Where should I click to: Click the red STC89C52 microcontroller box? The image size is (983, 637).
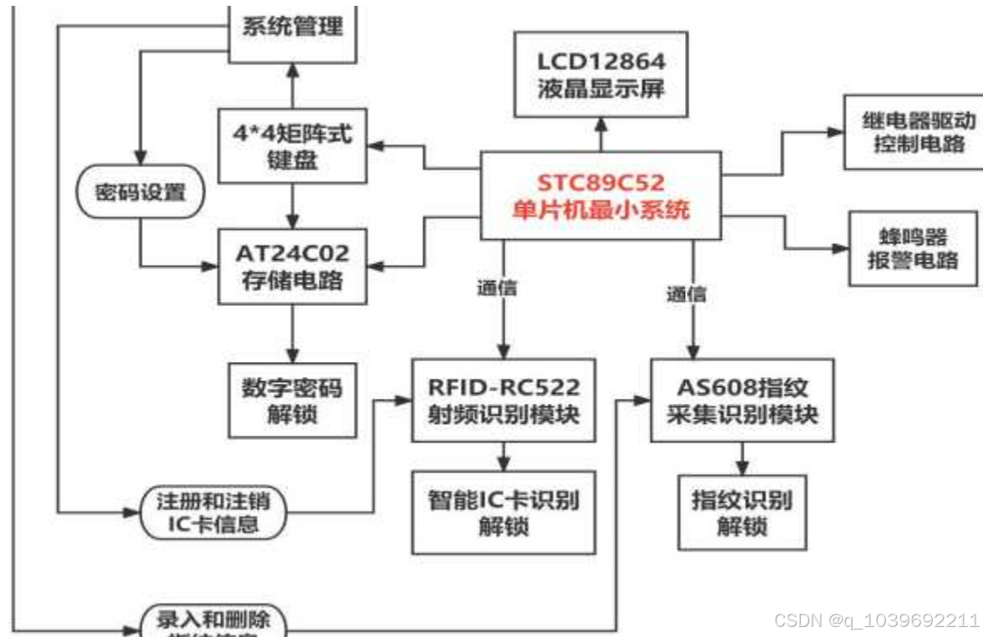[x=600, y=196]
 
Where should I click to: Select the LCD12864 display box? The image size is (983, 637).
[x=601, y=74]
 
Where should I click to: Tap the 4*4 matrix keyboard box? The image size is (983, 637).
[x=292, y=145]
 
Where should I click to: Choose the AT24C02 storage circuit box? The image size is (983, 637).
[x=292, y=265]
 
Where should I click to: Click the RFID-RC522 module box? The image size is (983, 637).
[x=503, y=400]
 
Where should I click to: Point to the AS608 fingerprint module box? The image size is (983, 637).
[x=742, y=400]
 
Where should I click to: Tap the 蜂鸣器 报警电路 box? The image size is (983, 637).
[x=913, y=248]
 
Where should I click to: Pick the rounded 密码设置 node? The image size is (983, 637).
[x=140, y=194]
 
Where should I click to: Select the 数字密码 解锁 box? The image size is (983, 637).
[x=292, y=400]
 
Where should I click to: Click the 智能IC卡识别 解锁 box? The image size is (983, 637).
[x=503, y=512]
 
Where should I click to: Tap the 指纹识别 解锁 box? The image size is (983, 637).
[x=742, y=512]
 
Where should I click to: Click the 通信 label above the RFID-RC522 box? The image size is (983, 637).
[x=497, y=290]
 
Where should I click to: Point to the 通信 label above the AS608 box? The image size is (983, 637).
[x=685, y=293]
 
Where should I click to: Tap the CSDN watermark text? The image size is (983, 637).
[x=876, y=620]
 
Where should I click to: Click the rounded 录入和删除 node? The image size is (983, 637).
[x=213, y=622]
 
